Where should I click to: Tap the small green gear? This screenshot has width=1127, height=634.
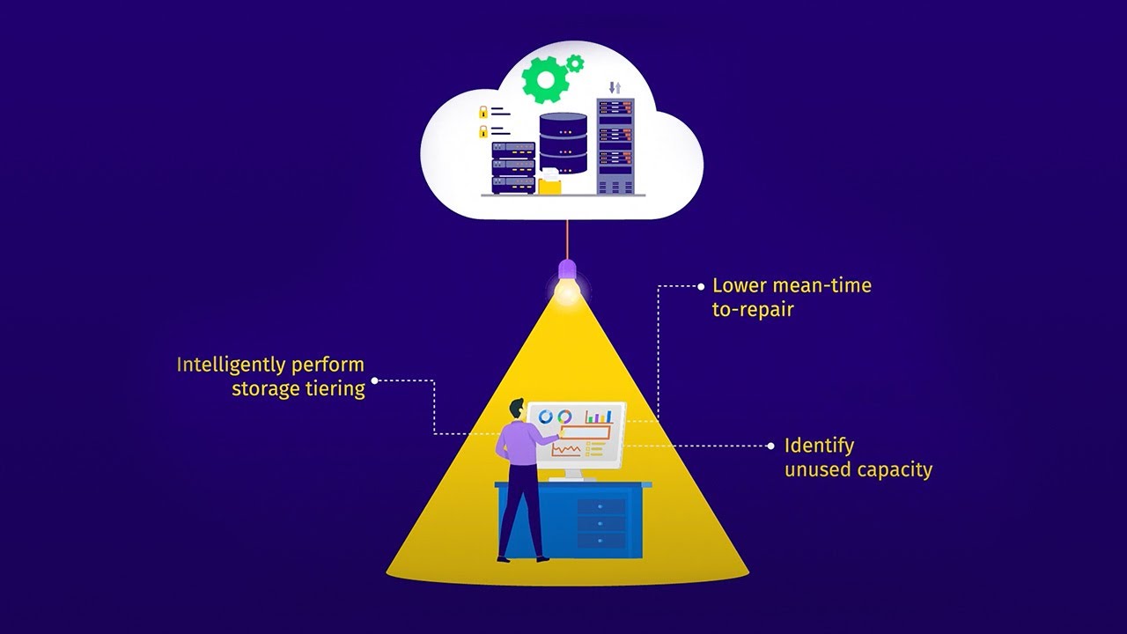[575, 63]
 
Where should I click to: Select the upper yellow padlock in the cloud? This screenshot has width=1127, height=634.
[482, 112]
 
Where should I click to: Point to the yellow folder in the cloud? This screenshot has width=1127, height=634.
[549, 182]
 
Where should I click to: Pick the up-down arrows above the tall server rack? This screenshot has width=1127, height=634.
[615, 87]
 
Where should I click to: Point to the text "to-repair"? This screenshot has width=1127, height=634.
[753, 309]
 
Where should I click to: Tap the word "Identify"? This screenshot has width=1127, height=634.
[819, 446]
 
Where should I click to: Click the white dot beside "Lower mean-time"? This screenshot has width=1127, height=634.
[702, 286]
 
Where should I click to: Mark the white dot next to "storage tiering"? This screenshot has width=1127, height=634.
[375, 380]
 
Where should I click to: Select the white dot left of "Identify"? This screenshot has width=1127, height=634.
[774, 446]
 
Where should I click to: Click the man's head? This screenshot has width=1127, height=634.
[516, 409]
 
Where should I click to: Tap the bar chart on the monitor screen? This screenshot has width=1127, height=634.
[599, 416]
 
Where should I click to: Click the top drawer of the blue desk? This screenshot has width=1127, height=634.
[601, 506]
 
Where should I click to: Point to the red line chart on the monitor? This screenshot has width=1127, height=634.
[566, 450]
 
